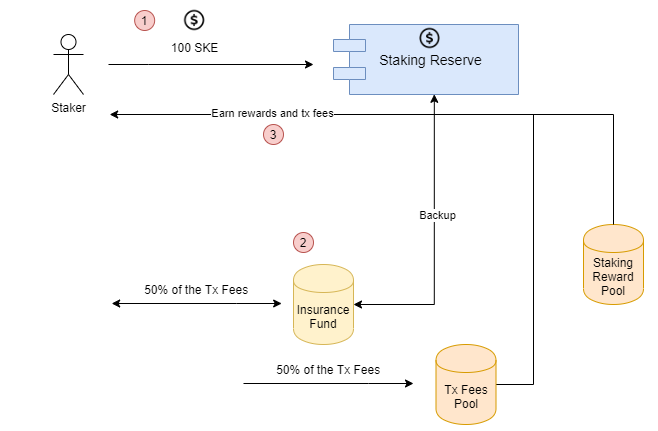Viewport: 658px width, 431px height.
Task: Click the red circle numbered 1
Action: [144, 21]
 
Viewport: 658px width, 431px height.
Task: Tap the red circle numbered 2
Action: [303, 243]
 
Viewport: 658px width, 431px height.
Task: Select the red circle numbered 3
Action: [273, 135]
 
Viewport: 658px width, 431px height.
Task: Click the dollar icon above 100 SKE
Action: [194, 20]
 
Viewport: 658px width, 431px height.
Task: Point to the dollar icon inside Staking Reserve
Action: [429, 38]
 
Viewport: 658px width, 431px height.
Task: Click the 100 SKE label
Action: [194, 48]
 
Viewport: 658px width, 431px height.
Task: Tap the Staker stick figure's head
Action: [68, 42]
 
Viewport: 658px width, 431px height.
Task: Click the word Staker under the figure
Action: [68, 108]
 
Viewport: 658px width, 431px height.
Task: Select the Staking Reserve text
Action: [430, 60]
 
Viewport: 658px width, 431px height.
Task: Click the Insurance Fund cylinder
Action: [323, 304]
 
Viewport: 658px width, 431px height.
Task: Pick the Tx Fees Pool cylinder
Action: [466, 384]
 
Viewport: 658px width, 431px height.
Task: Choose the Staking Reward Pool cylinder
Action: [613, 264]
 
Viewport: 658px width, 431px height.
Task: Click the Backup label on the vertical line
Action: [437, 215]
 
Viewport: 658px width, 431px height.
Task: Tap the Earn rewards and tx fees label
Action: [272, 113]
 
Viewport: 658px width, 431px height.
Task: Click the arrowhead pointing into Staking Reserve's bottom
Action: [434, 99]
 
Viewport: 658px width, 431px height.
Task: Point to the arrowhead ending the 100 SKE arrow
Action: [309, 64]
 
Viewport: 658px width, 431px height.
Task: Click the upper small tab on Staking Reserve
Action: [349, 45]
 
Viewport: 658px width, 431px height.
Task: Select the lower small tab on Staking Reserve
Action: [349, 73]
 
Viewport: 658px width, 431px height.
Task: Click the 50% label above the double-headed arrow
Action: [196, 290]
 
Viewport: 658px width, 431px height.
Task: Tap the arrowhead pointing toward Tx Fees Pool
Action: [409, 383]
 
